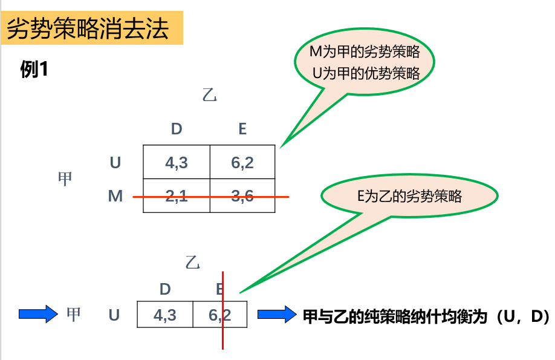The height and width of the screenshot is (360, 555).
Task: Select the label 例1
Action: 34,70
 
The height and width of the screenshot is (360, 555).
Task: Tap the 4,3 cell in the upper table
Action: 176,162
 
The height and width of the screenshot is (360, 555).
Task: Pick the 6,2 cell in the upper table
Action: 242,162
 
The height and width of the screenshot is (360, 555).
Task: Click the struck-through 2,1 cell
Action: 176,196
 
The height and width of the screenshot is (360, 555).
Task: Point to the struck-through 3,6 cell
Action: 242,196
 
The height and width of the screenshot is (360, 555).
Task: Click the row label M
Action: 115,196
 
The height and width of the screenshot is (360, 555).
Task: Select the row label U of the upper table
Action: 115,162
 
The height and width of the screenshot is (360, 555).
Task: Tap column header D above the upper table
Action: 176,129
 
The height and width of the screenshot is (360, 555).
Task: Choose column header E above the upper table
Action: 242,129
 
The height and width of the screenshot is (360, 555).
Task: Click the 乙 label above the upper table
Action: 209,95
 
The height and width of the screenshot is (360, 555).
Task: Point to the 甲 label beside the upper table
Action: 65,179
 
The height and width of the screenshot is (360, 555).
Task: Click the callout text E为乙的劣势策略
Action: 409,196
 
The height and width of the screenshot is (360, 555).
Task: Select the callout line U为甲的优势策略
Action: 366,74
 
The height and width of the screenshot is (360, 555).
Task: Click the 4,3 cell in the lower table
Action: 165,315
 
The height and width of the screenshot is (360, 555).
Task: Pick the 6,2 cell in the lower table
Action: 220,315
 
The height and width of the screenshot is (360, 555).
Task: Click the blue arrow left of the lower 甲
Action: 37,314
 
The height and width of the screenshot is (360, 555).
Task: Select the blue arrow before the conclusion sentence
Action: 276,315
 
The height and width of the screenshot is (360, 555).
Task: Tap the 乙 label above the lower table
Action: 192,263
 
